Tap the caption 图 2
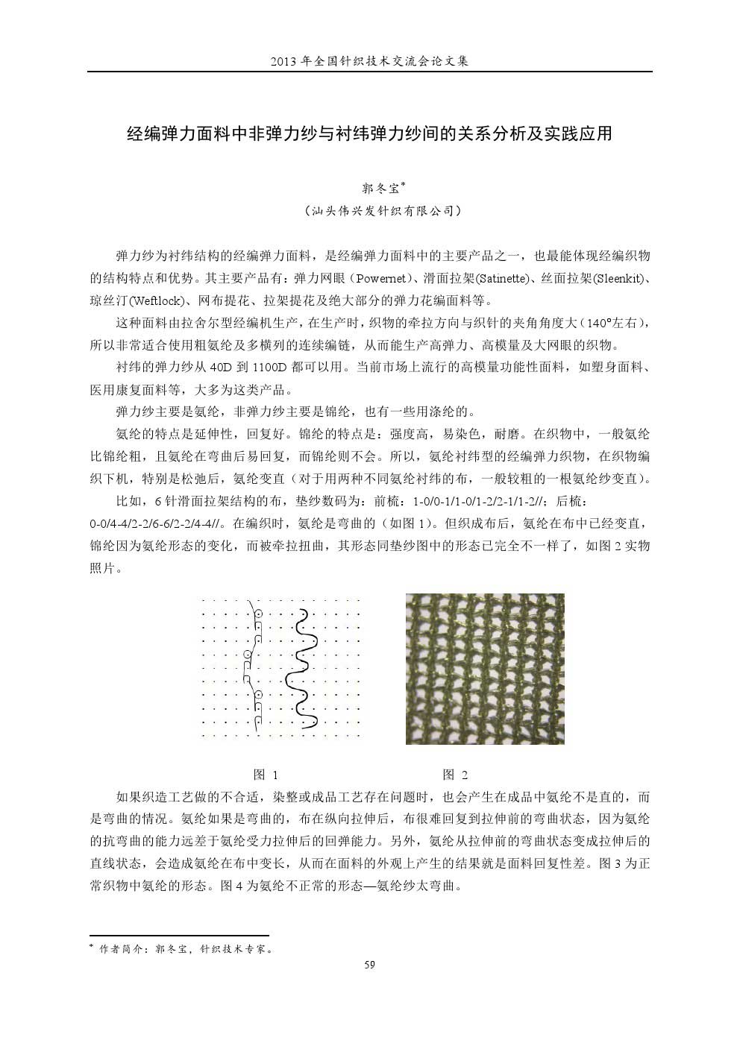(x=455, y=774)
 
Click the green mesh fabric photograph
(x=485, y=668)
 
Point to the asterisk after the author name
(x=404, y=183)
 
